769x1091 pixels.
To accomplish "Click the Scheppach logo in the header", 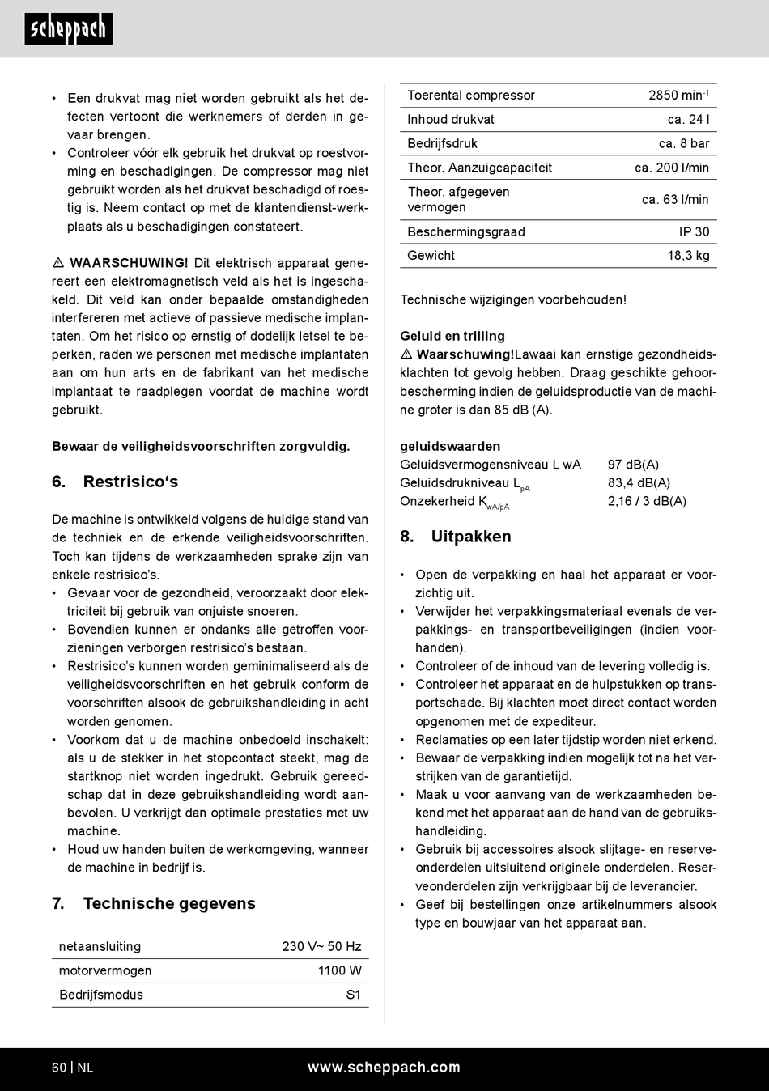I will coord(69,29).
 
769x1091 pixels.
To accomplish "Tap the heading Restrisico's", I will coord(130,482).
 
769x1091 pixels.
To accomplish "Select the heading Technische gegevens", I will coord(168,903).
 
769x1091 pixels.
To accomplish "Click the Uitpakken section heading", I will coord(470,537).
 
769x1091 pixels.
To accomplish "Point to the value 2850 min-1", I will coord(678,96).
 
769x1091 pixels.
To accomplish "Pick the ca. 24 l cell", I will coord(688,120).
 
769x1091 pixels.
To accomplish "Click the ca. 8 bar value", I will coord(684,144).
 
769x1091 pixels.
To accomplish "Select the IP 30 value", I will coord(694,232).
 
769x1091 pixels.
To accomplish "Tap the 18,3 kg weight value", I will coord(688,256).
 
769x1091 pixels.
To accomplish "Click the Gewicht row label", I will coord(431,256).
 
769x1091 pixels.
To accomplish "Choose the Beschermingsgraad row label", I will coord(466,232).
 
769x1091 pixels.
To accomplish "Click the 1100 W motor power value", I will coord(340,970).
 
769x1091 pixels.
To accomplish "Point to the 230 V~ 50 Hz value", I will coord(321,946).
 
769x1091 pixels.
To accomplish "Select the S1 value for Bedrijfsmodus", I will coord(354,995).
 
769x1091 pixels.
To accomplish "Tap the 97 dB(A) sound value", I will coord(633,465).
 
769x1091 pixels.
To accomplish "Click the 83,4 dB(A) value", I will coord(639,483).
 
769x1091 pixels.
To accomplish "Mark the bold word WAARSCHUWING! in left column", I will coord(129,263).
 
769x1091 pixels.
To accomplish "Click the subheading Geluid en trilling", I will coord(452,336).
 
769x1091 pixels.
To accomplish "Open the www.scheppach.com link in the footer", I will coord(384,1068).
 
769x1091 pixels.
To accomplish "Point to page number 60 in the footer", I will coord(59,1068).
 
